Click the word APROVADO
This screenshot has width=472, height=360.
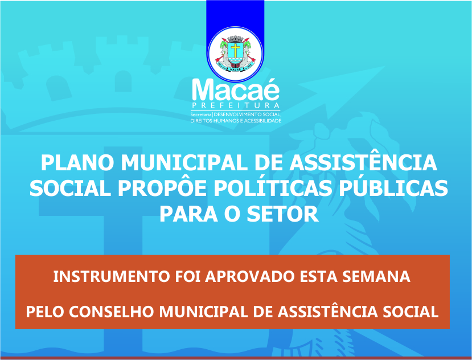[249, 277]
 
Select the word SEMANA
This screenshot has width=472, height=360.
[376, 277]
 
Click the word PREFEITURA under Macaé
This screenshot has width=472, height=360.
[236, 106]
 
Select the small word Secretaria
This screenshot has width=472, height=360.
[201, 114]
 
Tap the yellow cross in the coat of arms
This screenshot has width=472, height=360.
[235, 50]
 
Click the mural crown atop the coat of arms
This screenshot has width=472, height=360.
[235, 39]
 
